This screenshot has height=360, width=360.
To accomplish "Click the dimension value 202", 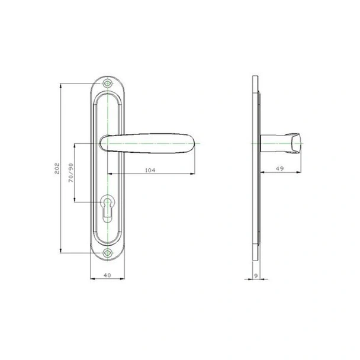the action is [57, 168].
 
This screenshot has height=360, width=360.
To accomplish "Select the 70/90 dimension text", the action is [71, 173].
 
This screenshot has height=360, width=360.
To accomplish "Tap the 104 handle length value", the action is [150, 170].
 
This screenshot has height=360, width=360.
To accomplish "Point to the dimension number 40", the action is [107, 275].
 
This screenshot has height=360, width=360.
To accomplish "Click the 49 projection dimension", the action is [279, 169].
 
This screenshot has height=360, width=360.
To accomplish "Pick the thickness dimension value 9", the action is [256, 276].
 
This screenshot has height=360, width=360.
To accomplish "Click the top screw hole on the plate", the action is [107, 83].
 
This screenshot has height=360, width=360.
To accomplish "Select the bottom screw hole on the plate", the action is [107, 253].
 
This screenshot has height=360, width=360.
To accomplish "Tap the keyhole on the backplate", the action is [107, 208].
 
